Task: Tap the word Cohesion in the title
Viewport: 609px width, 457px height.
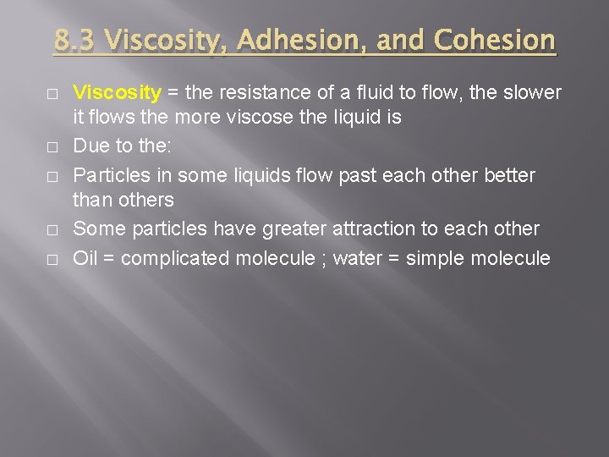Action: point(495,40)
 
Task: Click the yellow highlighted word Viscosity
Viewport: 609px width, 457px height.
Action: point(117,92)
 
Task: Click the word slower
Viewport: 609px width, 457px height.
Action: point(533,92)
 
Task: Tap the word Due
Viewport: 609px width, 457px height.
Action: point(91,146)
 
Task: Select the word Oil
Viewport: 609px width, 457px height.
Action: point(85,258)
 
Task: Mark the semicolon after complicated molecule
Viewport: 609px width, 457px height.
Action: point(322,259)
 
